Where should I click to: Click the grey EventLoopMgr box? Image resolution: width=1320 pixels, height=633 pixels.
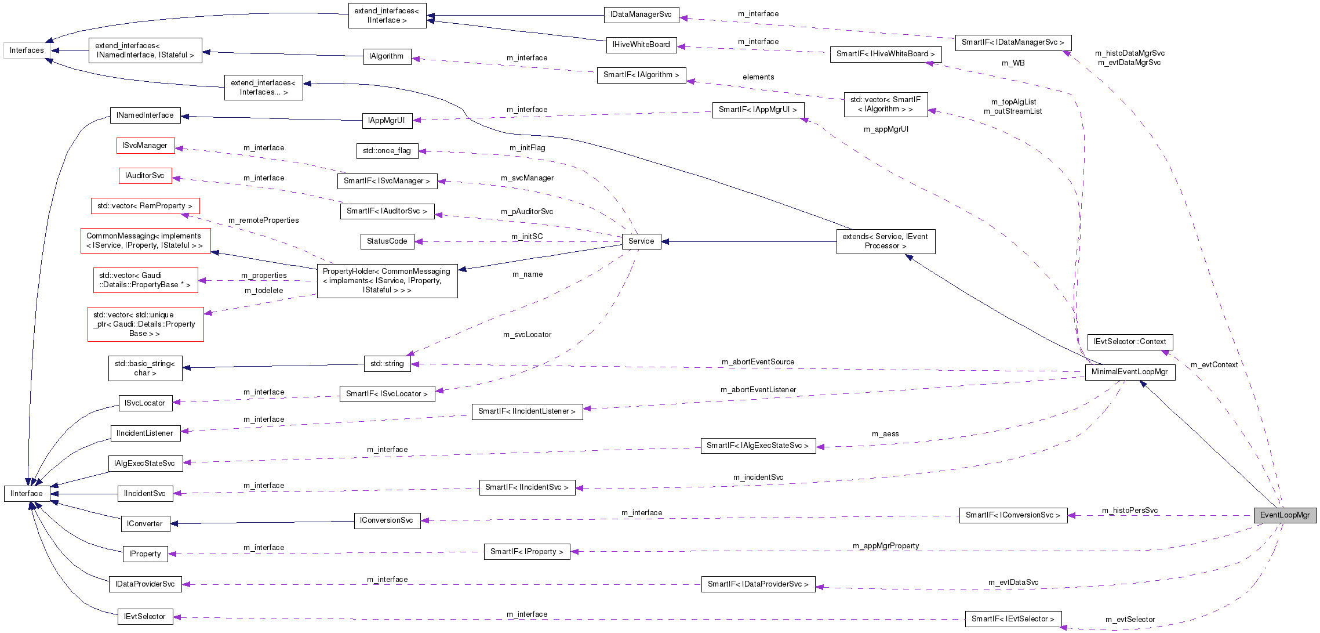click(x=1285, y=515)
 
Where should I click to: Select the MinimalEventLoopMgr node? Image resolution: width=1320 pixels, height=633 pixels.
click(x=1129, y=372)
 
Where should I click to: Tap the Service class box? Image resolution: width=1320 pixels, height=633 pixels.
click(x=641, y=241)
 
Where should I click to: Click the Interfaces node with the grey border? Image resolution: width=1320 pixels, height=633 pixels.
click(x=27, y=50)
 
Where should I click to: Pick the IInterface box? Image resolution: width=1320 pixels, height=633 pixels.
click(x=27, y=494)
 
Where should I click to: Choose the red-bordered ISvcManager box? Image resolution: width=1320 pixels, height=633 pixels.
click(x=145, y=146)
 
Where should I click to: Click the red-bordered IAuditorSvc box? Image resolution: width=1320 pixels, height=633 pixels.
click(x=145, y=176)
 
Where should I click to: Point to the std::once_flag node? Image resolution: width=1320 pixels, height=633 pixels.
click(x=387, y=151)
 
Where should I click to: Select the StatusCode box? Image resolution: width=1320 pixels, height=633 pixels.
click(x=387, y=241)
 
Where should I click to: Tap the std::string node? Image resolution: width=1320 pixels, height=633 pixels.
click(x=387, y=364)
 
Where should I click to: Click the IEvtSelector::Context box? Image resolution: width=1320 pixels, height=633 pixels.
click(x=1129, y=342)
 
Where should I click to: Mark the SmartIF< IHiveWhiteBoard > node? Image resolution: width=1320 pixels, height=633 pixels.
click(x=885, y=54)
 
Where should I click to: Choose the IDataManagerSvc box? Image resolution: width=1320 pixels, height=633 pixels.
click(x=641, y=15)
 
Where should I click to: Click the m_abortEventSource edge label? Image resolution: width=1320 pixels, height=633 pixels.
click(x=758, y=362)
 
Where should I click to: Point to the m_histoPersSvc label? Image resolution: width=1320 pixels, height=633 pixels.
click(x=1130, y=511)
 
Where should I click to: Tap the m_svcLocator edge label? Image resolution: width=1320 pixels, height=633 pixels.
click(x=527, y=335)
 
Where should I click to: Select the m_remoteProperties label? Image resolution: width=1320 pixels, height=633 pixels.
click(x=264, y=220)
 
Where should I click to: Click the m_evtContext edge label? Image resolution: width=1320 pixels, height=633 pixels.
click(x=1214, y=365)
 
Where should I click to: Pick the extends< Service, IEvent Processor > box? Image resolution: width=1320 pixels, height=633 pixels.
click(x=885, y=241)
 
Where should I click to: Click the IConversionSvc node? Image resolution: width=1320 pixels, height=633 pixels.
click(x=387, y=520)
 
